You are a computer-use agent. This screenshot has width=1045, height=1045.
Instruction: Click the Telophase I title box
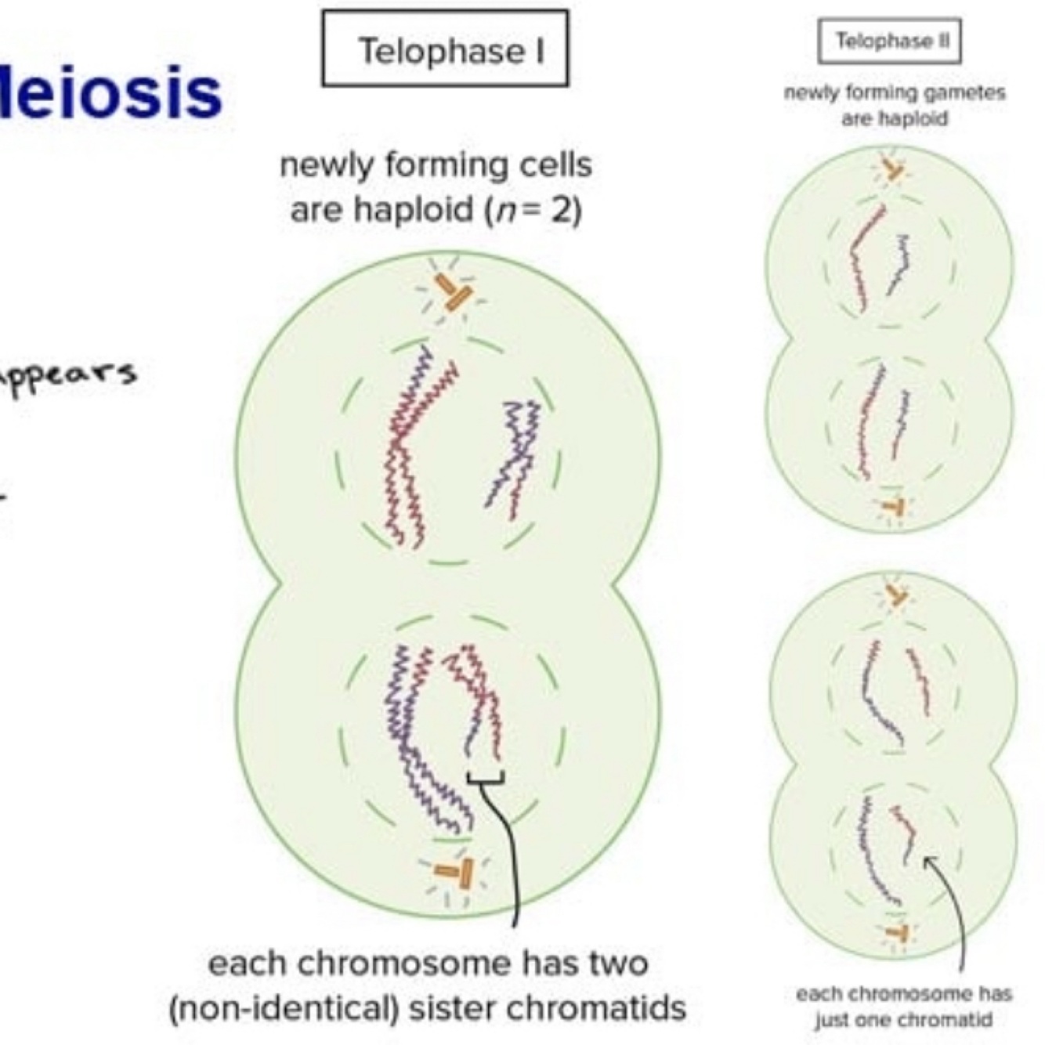tap(445, 48)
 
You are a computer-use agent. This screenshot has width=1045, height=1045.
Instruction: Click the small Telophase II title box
tap(889, 41)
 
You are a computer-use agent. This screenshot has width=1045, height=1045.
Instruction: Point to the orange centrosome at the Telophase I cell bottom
tap(455, 871)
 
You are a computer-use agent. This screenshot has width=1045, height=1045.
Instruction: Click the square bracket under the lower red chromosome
tap(485, 778)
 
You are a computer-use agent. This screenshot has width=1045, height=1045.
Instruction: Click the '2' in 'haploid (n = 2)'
tap(562, 210)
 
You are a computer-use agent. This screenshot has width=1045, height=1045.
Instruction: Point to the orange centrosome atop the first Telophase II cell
tap(892, 169)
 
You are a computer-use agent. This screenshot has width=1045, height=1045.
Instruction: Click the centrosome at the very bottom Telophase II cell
tap(896, 932)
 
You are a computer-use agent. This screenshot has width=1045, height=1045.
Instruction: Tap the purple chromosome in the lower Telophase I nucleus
tap(415, 736)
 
